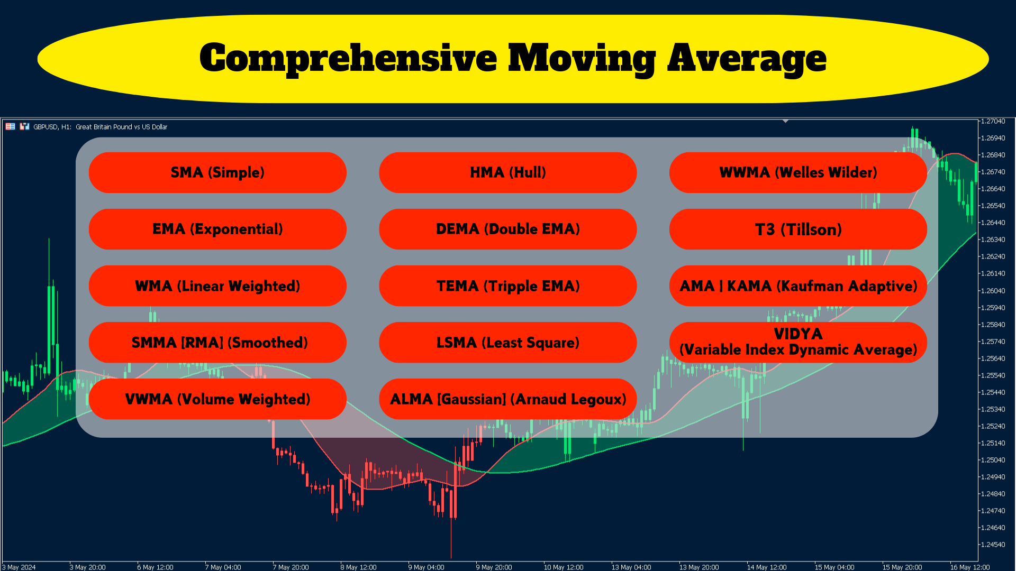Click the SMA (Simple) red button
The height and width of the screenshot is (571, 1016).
pyautogui.click(x=217, y=172)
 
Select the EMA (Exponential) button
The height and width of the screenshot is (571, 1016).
pyautogui.click(x=217, y=229)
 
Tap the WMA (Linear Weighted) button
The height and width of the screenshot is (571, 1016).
pyautogui.click(x=217, y=285)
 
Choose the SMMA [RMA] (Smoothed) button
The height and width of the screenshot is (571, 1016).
pyautogui.click(x=217, y=342)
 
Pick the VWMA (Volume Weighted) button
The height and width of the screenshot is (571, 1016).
pyautogui.click(x=217, y=399)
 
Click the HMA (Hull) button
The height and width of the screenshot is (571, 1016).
pyautogui.click(x=508, y=172)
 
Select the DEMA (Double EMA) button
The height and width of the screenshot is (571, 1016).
pyautogui.click(x=508, y=229)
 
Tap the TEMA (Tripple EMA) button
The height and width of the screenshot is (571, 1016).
pyautogui.click(x=508, y=285)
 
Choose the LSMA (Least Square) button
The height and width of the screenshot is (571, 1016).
pyautogui.click(x=508, y=342)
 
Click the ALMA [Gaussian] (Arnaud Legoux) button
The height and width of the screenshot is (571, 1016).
pyautogui.click(x=508, y=399)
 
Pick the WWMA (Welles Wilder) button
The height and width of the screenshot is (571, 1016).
pyautogui.click(x=798, y=172)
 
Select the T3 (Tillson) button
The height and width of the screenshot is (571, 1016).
pyautogui.click(x=798, y=229)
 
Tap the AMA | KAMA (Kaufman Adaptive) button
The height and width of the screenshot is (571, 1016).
pyautogui.click(x=798, y=285)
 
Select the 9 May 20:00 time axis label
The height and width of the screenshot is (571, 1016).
pyautogui.click(x=494, y=567)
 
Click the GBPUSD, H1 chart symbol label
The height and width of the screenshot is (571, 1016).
pyautogui.click(x=52, y=127)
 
